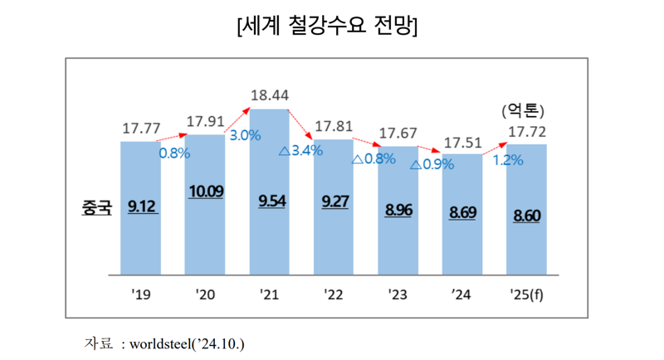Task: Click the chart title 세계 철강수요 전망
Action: click(327, 27)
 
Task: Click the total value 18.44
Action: click(269, 95)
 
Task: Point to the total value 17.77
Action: click(141, 129)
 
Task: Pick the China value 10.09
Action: click(205, 192)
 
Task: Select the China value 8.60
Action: click(527, 215)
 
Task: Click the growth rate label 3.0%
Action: click(245, 135)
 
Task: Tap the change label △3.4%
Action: click(300, 151)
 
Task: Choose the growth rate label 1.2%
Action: click(507, 160)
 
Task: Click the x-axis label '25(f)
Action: click(527, 294)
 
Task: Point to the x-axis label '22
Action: click(334, 294)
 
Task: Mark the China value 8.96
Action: click(398, 210)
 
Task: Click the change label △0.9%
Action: click(432, 163)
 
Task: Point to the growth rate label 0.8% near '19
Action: click(174, 153)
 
